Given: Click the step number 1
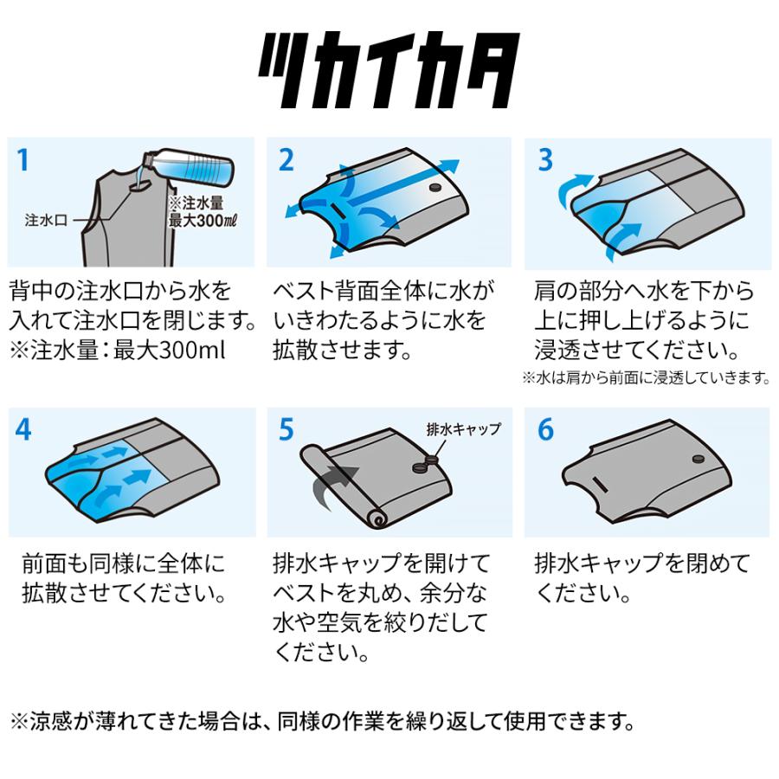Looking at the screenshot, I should tap(23, 160).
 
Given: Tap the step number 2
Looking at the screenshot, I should tap(286, 160).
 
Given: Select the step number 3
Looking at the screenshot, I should tap(545, 160).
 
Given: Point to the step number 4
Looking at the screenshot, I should tap(23, 429).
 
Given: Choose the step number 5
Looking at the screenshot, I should tap(286, 429).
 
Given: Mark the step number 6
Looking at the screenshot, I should tap(545, 429).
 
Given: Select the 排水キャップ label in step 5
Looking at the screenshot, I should tap(464, 428).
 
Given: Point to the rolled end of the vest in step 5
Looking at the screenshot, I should tap(376, 518).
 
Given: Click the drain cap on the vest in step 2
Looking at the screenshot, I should tap(435, 188).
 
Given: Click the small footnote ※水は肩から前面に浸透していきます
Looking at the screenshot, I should tap(645, 377).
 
